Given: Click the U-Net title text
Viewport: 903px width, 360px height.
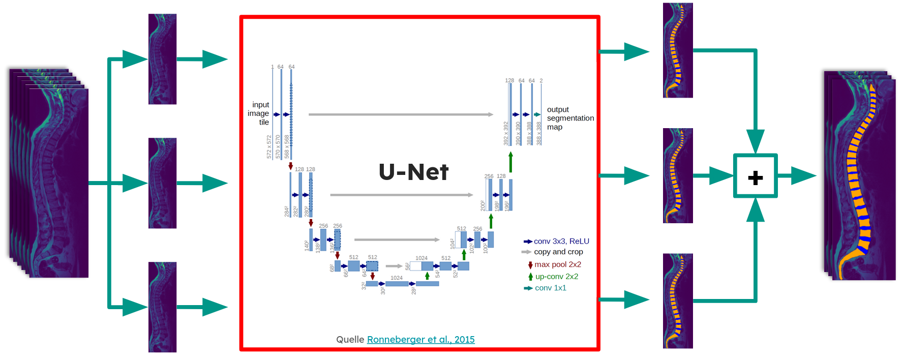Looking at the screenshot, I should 413,172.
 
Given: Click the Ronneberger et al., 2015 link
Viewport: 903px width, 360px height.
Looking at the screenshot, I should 420,339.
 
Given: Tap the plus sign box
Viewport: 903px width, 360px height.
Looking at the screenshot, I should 755,176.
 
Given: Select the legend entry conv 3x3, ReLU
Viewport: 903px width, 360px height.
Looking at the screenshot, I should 561,241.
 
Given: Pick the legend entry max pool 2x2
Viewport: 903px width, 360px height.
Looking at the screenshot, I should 557,264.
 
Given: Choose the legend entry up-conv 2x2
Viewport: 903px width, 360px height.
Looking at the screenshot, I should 556,277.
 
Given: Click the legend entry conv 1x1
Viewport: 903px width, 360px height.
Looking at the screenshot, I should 550,288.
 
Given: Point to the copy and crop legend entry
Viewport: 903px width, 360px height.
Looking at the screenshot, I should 558,252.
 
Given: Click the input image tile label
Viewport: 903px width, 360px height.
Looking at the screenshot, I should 259,113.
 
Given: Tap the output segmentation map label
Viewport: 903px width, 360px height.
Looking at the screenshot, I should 569,118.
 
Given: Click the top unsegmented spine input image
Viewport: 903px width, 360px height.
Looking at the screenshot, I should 162,59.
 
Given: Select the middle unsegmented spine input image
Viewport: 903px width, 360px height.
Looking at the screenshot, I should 162,183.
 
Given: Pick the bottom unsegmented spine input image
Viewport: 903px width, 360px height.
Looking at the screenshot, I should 162,307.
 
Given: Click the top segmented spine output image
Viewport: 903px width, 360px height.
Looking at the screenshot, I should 678,50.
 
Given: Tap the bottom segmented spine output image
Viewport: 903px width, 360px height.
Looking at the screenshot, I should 678,301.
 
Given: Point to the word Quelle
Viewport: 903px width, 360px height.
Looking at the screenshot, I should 350,339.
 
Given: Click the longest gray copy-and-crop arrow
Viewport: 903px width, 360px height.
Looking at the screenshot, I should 401,114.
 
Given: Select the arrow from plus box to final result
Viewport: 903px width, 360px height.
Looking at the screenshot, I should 796,176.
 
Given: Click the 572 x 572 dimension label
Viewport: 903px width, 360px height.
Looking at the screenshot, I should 269,147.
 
